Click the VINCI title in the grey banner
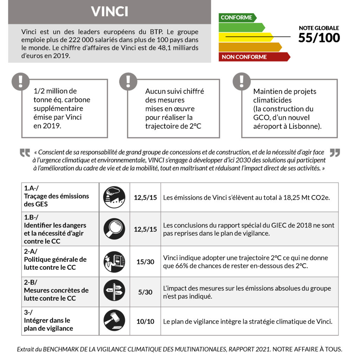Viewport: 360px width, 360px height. [x=109, y=12]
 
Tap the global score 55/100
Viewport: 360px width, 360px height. [x=319, y=37]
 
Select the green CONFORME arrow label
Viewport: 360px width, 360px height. [x=237, y=18]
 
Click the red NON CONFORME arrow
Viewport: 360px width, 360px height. [x=253, y=57]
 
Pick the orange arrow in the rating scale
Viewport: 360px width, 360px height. [x=250, y=47]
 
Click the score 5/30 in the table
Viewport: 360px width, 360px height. [x=145, y=292]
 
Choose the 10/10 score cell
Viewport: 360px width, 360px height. [x=145, y=321]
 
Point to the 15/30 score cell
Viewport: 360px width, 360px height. [x=145, y=262]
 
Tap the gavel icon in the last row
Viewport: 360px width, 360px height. [x=114, y=321]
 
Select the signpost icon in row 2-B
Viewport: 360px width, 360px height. [x=114, y=290]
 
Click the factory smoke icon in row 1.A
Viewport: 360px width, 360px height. [x=114, y=197]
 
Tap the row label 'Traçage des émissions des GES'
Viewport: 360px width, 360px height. [x=56, y=200]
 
